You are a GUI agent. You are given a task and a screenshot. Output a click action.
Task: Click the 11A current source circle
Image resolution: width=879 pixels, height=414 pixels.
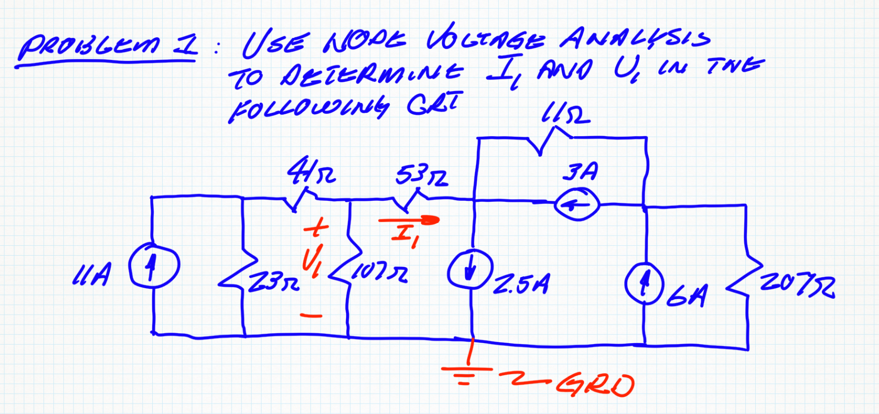pyautogui.click(x=154, y=265)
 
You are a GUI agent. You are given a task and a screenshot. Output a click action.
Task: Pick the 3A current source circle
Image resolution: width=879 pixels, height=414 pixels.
pyautogui.click(x=577, y=205)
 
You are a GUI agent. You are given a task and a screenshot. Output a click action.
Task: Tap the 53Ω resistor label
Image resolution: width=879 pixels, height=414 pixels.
pyautogui.click(x=422, y=176)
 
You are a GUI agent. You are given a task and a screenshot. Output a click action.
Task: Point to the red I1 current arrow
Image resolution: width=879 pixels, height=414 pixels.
pyautogui.click(x=409, y=220)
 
